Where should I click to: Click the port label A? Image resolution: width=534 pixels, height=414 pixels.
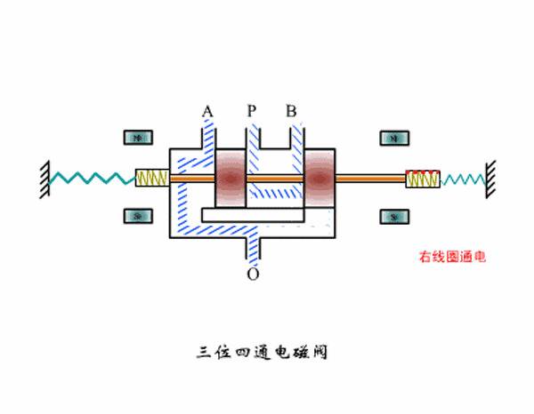pos(207,111)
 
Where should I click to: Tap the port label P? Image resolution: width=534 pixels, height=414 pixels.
pos(252,111)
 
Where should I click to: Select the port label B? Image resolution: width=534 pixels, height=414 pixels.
pos(291,111)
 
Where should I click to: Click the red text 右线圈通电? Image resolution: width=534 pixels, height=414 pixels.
pos(453,258)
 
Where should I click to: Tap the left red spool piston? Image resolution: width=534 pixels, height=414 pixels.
pos(231,179)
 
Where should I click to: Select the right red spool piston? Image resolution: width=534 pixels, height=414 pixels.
pos(320,179)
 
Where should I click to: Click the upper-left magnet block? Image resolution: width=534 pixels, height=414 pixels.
pos(138,139)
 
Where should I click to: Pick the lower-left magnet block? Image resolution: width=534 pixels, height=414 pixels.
pos(138,216)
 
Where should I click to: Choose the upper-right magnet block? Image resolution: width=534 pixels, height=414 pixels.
pos(394,139)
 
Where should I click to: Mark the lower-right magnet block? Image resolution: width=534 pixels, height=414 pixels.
pos(394,216)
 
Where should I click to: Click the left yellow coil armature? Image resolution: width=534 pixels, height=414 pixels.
pos(151,179)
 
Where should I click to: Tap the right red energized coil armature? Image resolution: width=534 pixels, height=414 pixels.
pos(421,179)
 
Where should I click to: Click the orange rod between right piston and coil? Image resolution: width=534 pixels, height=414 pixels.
pos(372,179)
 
